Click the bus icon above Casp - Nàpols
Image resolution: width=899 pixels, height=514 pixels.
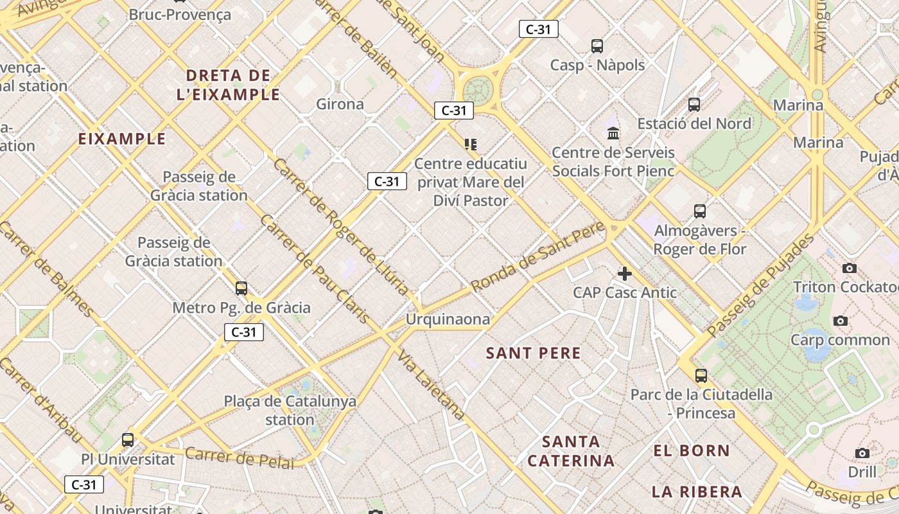(597, 46)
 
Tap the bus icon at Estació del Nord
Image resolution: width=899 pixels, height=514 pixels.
(694, 105)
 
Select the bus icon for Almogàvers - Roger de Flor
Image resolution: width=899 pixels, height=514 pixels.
(700, 211)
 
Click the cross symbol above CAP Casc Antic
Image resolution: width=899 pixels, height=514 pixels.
(624, 274)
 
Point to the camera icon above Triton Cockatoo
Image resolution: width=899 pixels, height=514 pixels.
(849, 268)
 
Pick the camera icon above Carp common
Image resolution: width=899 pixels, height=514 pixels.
(840, 321)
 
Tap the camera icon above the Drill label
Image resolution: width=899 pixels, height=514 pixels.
(862, 454)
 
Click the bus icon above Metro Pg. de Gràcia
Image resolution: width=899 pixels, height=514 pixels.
(241, 288)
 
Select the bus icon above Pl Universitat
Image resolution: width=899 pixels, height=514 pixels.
(128, 440)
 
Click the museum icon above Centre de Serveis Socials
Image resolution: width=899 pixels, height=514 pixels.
(613, 134)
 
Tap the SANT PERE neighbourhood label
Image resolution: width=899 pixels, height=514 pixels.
(533, 353)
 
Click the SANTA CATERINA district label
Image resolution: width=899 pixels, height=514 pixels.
(571, 451)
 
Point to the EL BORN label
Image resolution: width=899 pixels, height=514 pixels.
(692, 451)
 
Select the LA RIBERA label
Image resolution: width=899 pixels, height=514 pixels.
(697, 492)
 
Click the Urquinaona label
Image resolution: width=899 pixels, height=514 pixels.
(448, 319)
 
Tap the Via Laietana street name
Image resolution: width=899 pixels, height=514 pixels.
(430, 385)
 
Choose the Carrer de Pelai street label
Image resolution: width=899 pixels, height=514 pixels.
(239, 457)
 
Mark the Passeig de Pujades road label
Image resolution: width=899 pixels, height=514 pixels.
(760, 287)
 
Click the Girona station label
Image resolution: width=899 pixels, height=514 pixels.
(340, 104)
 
